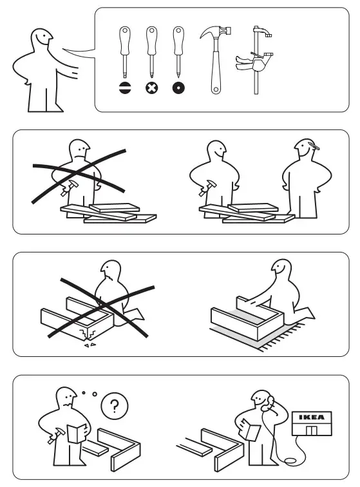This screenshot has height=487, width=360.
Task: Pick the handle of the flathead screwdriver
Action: [124, 40]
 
